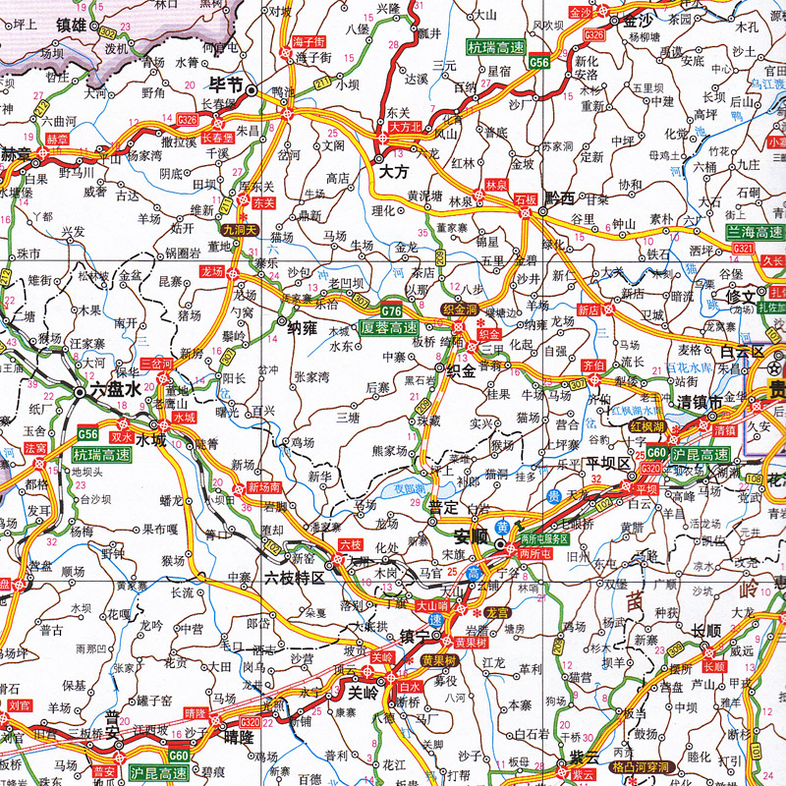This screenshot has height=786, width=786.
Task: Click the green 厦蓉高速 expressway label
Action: click(x=389, y=328)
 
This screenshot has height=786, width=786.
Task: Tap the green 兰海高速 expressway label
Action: click(x=755, y=232)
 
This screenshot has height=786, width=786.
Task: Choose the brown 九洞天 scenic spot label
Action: click(x=238, y=230)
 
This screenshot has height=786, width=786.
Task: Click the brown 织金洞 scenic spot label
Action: click(x=459, y=309)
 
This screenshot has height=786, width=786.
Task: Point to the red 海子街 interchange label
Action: click(x=309, y=41)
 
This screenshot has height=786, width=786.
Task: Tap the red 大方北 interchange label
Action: click(x=405, y=127)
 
